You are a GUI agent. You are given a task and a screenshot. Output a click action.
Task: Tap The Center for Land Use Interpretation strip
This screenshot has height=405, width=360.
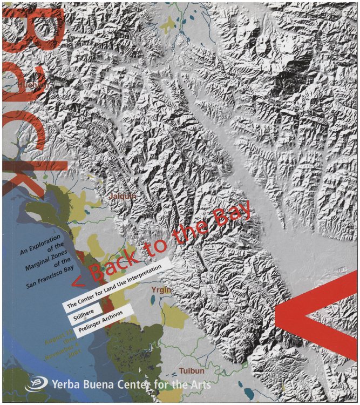point(116,284)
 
